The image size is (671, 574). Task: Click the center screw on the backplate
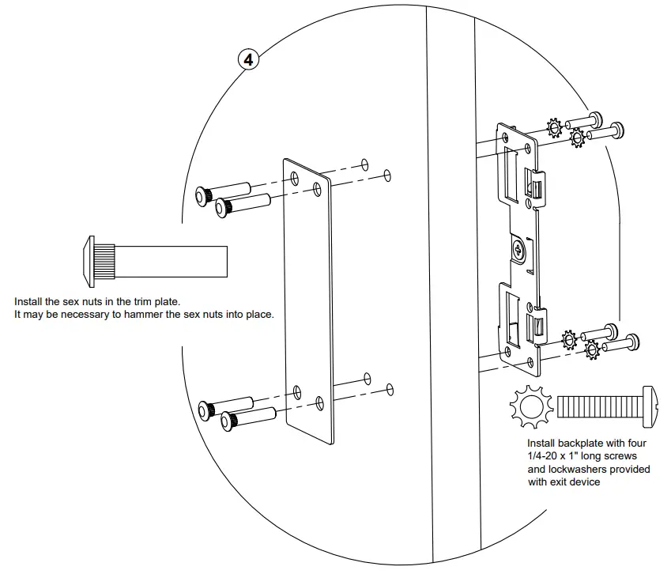click(519, 249)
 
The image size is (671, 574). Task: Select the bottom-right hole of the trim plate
click(319, 401)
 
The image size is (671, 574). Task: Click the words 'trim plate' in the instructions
click(157, 302)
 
